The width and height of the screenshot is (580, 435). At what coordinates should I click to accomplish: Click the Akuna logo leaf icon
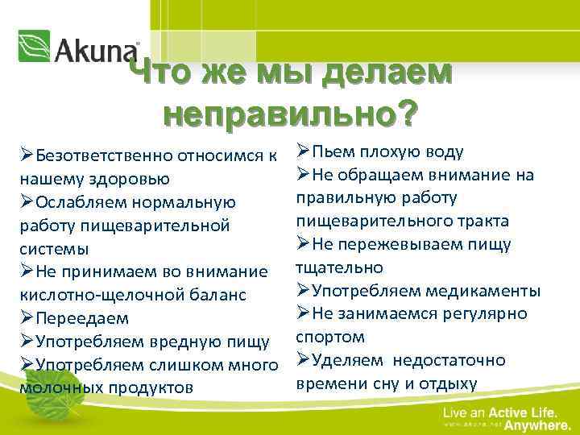tap(34, 46)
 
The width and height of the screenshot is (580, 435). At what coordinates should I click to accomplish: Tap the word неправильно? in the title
tap(290, 114)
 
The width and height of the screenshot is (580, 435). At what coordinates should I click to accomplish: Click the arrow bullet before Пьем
tap(303, 151)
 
